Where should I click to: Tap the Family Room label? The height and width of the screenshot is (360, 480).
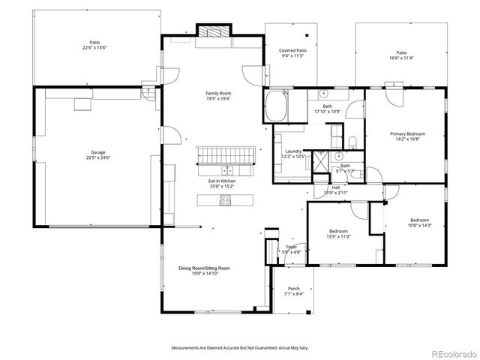coord(218,95)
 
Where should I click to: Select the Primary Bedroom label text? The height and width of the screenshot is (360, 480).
coord(407,136)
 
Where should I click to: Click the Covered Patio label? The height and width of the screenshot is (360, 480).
coord(292,52)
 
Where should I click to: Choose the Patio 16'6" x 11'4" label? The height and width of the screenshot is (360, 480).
coord(401,55)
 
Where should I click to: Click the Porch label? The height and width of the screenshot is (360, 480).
coord(294,292)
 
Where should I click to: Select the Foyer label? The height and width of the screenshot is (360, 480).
coord(291,250)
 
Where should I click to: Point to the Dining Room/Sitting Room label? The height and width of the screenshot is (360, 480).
coord(204,271)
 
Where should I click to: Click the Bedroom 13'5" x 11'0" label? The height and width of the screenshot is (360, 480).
coord(339,233)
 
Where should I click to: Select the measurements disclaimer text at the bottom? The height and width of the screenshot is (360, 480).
coord(240,348)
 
